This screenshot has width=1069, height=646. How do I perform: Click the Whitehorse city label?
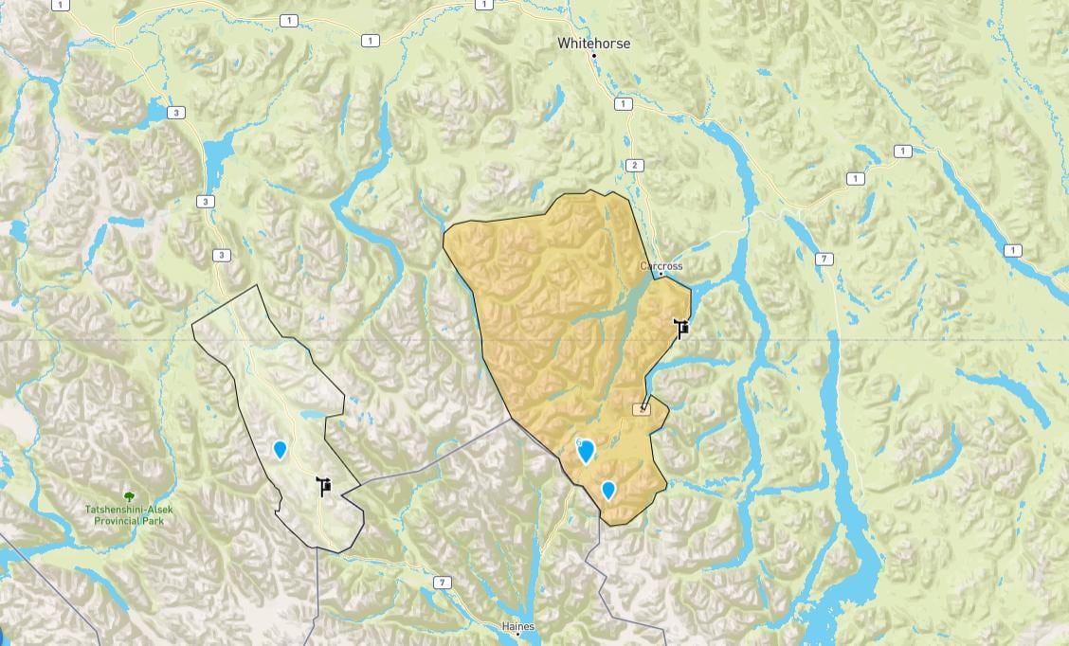593,44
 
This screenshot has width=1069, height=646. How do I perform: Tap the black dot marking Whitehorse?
594,57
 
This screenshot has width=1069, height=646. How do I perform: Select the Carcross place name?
661,266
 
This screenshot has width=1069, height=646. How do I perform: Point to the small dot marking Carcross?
661,275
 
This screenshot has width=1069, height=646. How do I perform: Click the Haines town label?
517,627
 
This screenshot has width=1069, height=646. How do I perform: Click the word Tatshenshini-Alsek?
129,510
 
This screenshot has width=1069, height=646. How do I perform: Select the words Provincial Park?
129,520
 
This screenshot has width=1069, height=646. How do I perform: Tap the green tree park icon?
129,496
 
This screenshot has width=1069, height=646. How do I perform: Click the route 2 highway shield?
634,166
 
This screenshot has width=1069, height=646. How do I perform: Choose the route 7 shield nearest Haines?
442,582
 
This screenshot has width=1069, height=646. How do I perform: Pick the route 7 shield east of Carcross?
825,259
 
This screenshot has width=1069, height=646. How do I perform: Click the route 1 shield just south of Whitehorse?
623,104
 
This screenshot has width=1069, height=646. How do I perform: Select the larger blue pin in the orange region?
587,451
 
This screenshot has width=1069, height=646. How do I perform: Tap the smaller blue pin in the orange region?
608,490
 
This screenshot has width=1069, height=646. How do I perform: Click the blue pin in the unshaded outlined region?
280,449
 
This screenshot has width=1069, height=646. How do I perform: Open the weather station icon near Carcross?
680,329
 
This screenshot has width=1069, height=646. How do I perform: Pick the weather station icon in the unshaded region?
324,486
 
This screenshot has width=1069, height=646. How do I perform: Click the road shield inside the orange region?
643,407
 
